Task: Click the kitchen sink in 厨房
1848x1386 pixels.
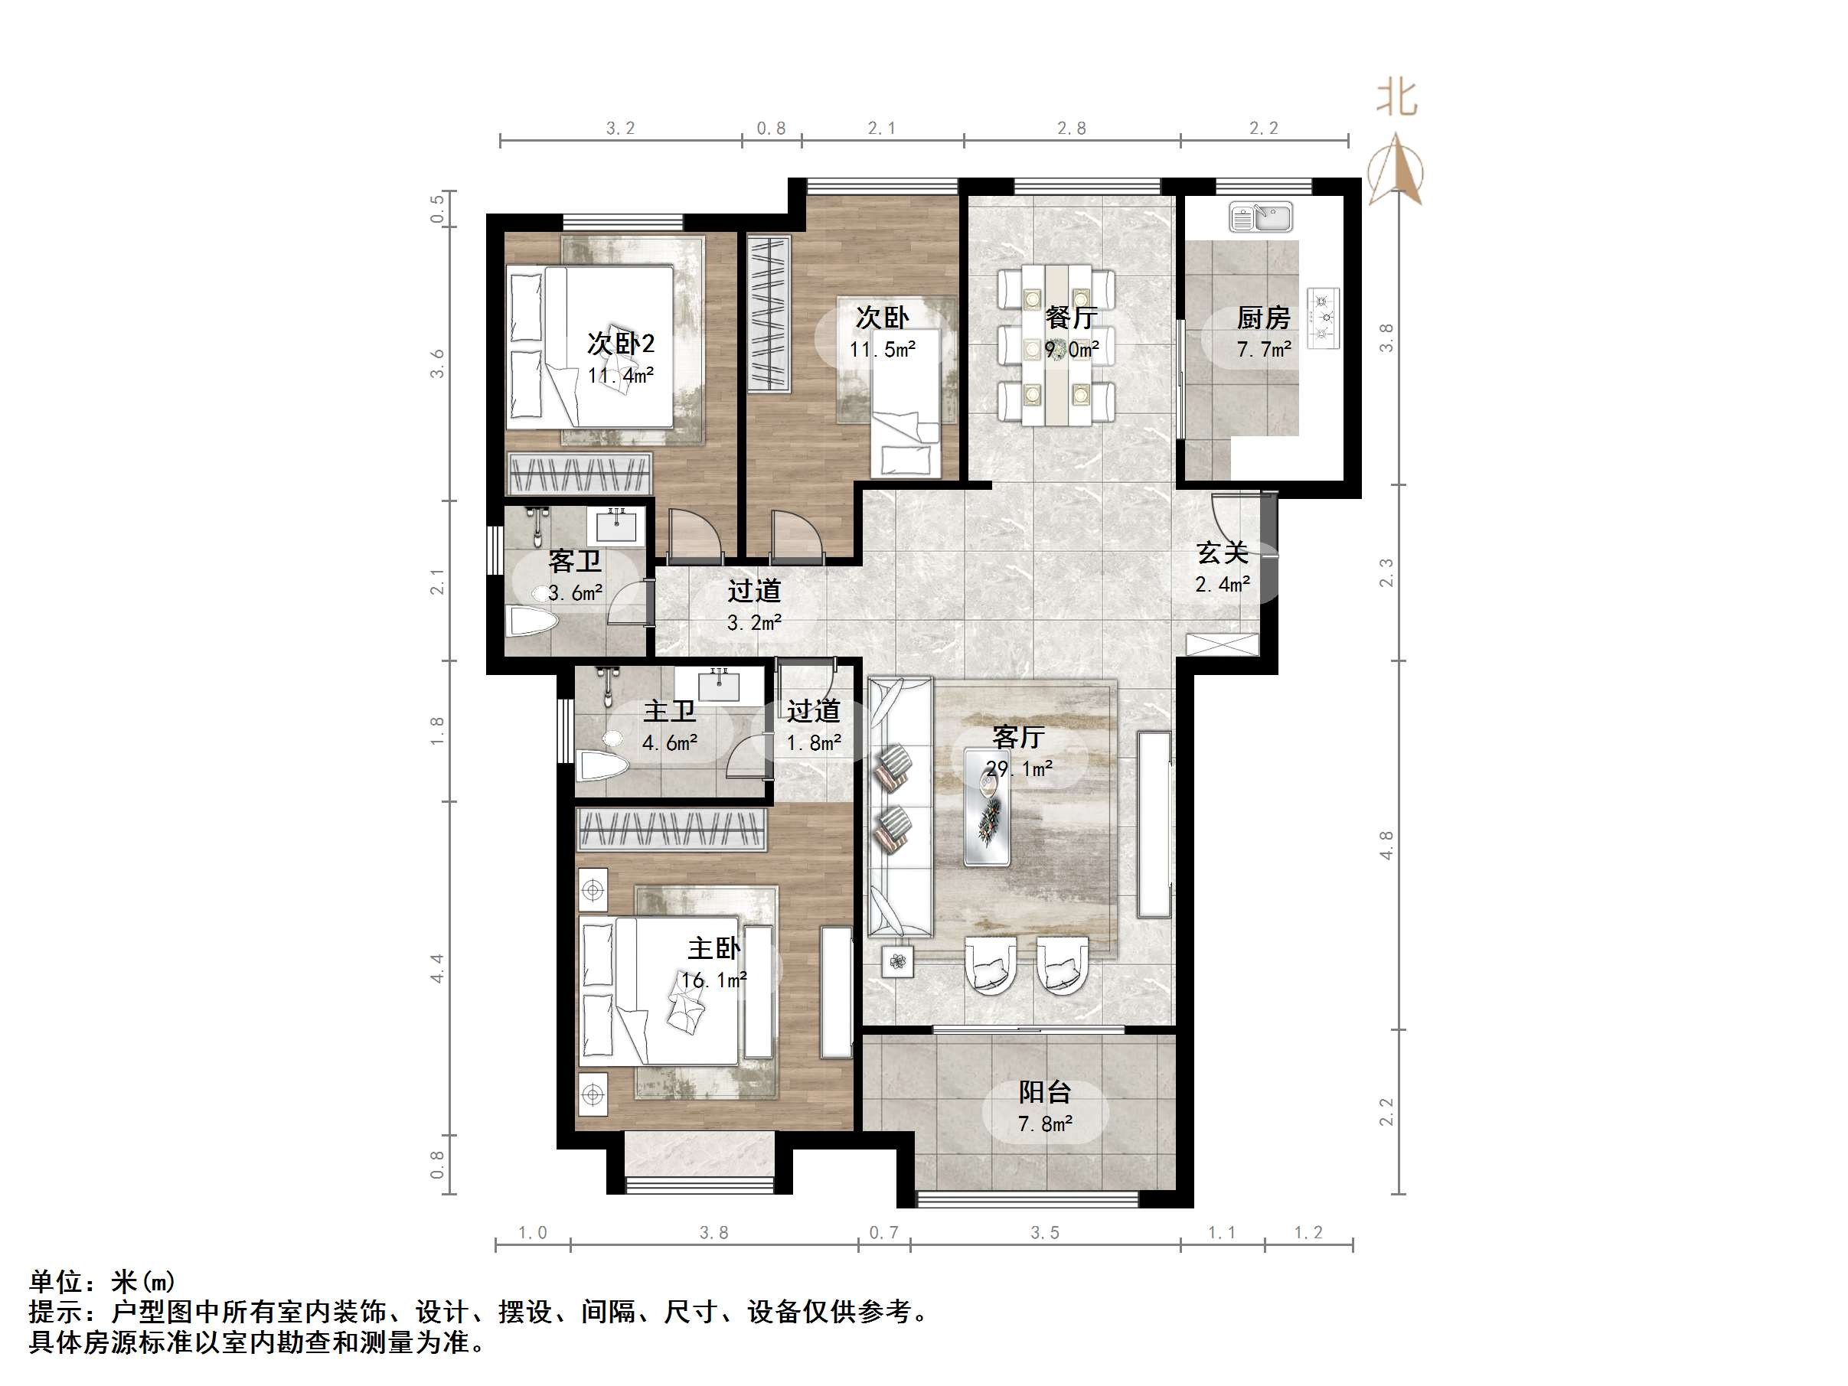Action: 1260,217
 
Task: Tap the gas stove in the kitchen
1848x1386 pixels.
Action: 1324,318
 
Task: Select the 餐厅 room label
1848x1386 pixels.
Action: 1071,318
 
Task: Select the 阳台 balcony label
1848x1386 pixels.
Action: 1044,1092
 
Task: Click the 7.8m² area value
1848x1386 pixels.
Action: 1044,1124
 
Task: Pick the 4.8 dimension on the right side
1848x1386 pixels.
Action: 1387,845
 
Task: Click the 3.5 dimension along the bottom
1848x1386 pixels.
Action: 1044,1233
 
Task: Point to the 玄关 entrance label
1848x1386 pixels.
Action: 1223,553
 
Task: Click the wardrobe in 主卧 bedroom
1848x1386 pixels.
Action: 671,830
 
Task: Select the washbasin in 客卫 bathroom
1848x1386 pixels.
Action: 615,527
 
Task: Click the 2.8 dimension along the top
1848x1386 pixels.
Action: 1071,129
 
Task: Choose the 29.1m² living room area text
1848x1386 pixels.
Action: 1019,768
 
